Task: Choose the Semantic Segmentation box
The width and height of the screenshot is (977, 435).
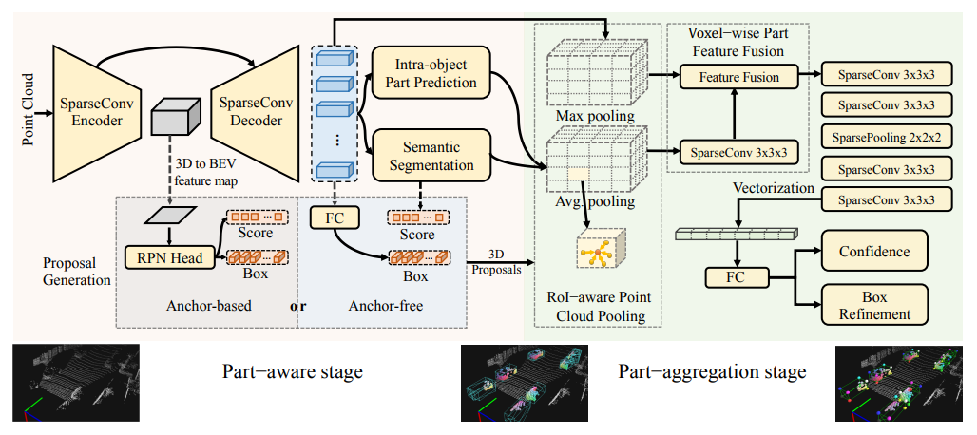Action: (x=430, y=156)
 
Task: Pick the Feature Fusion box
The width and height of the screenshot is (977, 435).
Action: (x=738, y=77)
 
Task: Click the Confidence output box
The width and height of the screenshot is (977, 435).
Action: (x=874, y=252)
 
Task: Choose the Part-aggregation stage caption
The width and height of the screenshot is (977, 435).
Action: (x=712, y=371)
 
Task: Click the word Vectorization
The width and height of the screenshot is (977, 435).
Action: (x=774, y=188)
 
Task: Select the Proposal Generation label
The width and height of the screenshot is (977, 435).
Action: (x=76, y=271)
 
